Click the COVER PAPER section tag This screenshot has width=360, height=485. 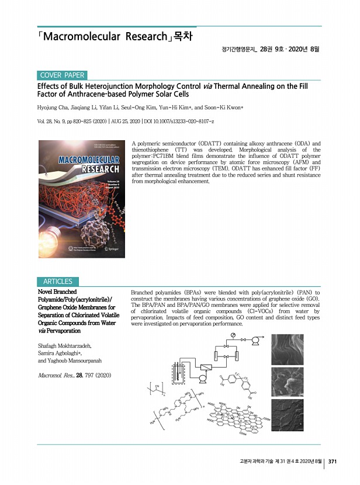click(x=63, y=75)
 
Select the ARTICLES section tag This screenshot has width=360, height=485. click(x=55, y=282)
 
